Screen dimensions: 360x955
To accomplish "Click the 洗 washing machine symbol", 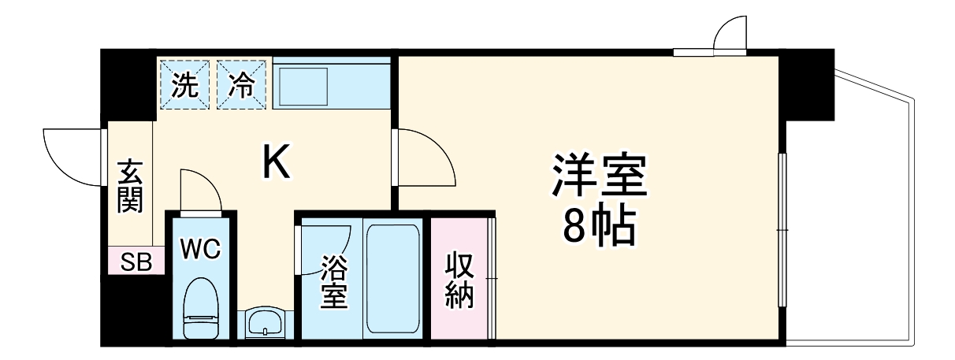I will point(185,84).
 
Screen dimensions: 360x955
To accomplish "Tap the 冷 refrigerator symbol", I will point(242,84).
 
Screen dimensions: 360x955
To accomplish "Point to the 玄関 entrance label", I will point(130,186).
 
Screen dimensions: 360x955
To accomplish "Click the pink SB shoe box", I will point(136,262).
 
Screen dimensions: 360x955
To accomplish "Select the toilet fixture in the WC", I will point(200,311).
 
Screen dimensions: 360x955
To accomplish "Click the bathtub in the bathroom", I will point(393,280).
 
